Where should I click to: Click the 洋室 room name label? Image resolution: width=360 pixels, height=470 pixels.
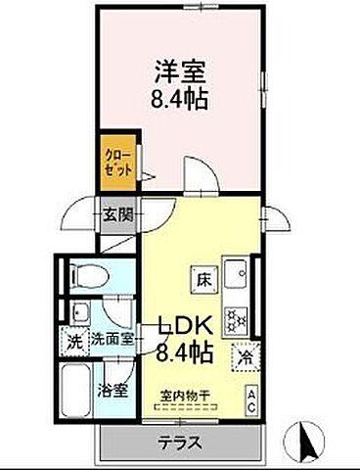pos(180,70)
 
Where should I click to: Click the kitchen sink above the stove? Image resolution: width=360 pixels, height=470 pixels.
pos(237,271)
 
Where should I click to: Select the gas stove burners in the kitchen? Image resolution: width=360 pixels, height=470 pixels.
pos(237,317)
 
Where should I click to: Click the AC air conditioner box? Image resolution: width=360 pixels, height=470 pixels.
pos(251,399)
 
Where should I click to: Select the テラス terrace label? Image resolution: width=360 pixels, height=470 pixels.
pos(180,443)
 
